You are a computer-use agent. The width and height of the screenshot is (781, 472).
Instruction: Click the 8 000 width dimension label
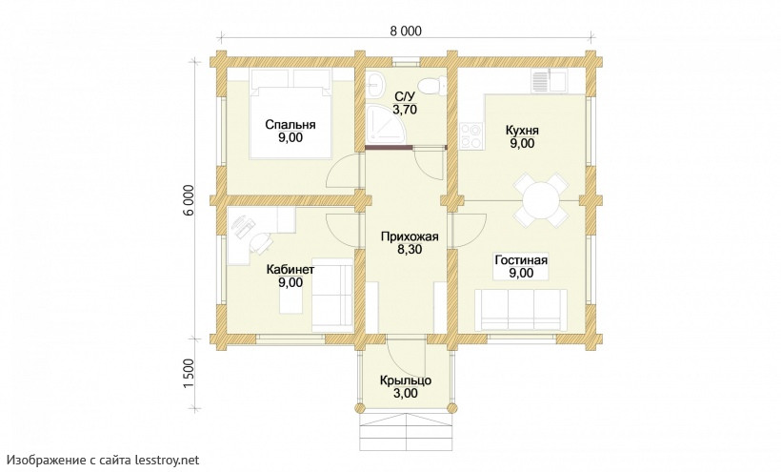[x=405, y=31]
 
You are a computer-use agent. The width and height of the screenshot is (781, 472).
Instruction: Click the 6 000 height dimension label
[x=189, y=202]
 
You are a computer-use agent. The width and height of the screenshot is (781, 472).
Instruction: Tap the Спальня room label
[x=290, y=125]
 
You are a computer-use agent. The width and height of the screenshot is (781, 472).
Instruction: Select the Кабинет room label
[x=290, y=270]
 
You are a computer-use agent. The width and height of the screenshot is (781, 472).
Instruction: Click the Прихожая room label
[x=410, y=236]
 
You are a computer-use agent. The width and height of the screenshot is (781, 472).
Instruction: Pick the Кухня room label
[x=522, y=131]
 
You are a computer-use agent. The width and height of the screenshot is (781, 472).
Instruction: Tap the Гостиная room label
[x=521, y=260]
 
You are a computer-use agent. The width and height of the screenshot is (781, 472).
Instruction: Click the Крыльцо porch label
[x=406, y=380]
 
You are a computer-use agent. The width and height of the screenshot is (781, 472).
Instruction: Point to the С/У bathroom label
[x=405, y=96]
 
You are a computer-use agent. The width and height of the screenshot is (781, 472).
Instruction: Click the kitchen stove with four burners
[x=471, y=136]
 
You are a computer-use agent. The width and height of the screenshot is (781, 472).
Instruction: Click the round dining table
[x=540, y=200]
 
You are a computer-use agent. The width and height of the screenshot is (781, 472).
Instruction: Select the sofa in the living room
[x=520, y=310]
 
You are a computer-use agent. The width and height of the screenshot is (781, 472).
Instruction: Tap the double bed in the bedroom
[x=290, y=114]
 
